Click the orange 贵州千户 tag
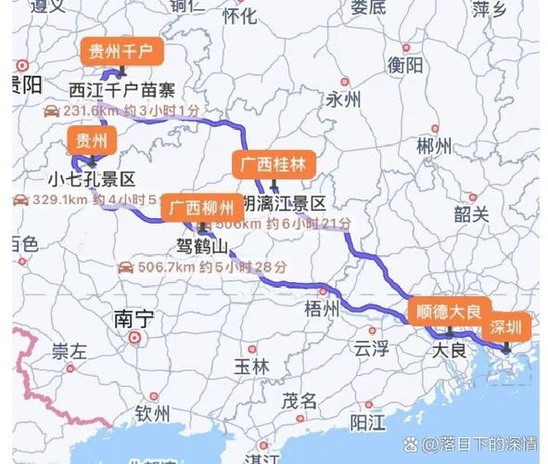[x=122, y=52]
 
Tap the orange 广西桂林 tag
[x=274, y=164]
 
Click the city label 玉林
[x=251, y=367]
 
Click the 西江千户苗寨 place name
[x=122, y=90]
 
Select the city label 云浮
[x=370, y=349]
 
